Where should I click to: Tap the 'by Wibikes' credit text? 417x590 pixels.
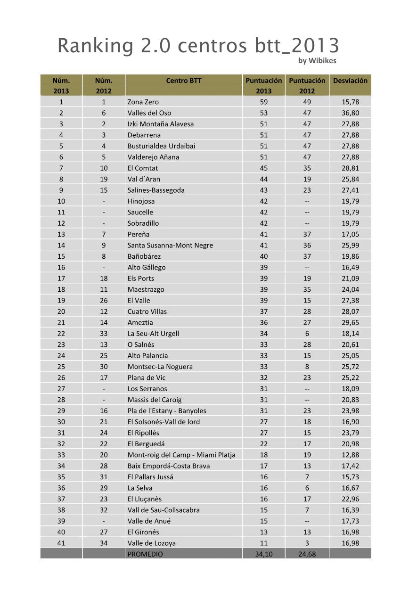[x=317, y=60]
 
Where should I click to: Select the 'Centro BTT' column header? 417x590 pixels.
[x=184, y=81]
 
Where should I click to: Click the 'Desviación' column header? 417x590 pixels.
[x=350, y=81]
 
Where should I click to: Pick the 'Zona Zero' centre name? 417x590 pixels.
[x=143, y=102]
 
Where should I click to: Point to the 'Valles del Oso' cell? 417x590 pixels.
[x=149, y=113]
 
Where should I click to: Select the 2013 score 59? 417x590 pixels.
[x=264, y=102]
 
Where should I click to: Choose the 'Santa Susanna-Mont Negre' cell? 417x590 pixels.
[x=170, y=245]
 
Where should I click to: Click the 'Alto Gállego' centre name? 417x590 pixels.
[x=147, y=267]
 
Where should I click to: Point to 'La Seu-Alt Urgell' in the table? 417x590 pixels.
[x=153, y=333]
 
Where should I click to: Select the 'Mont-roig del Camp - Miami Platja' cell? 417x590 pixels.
[x=181, y=455]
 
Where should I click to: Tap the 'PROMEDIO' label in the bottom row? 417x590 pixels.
[x=145, y=554]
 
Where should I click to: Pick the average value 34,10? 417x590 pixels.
[x=264, y=554]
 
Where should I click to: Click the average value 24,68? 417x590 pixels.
[x=307, y=554]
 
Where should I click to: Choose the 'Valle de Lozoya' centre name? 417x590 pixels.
[x=152, y=543]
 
